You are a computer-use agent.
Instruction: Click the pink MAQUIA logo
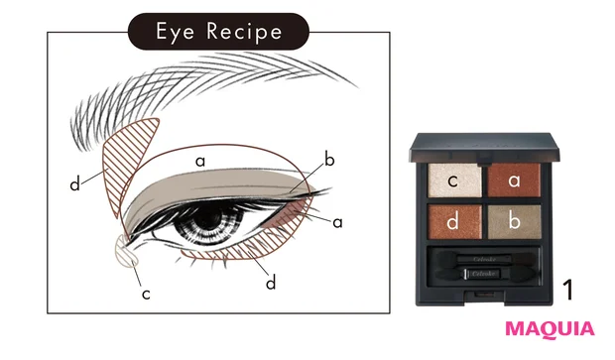tap(550, 328)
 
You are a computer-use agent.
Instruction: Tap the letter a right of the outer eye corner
tap(337, 222)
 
